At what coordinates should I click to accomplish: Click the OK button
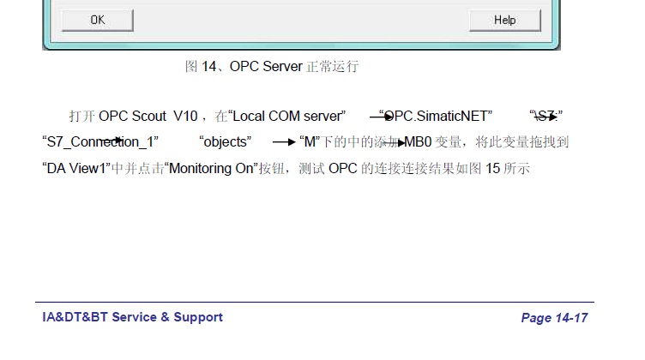[x=98, y=21]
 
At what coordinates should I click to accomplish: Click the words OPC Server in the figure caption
[x=266, y=66]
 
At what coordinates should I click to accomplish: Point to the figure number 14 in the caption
[x=209, y=66]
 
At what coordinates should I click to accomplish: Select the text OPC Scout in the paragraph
[x=132, y=116]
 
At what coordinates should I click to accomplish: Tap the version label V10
[x=184, y=116]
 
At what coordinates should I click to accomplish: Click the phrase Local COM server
[x=287, y=116]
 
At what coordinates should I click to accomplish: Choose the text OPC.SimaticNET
[x=437, y=116]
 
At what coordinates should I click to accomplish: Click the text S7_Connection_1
[x=99, y=141]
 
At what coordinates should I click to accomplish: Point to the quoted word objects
[x=225, y=141]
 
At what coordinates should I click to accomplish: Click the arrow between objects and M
[x=283, y=141]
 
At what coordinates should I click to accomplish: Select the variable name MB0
[x=419, y=141]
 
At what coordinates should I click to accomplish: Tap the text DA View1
[x=75, y=168]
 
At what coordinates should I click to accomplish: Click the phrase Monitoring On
[x=212, y=168]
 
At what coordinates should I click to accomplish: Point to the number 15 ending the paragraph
[x=492, y=168]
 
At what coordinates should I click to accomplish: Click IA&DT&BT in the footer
[x=75, y=317]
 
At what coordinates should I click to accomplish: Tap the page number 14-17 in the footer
[x=570, y=318]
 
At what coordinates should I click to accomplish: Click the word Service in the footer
[x=135, y=317]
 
